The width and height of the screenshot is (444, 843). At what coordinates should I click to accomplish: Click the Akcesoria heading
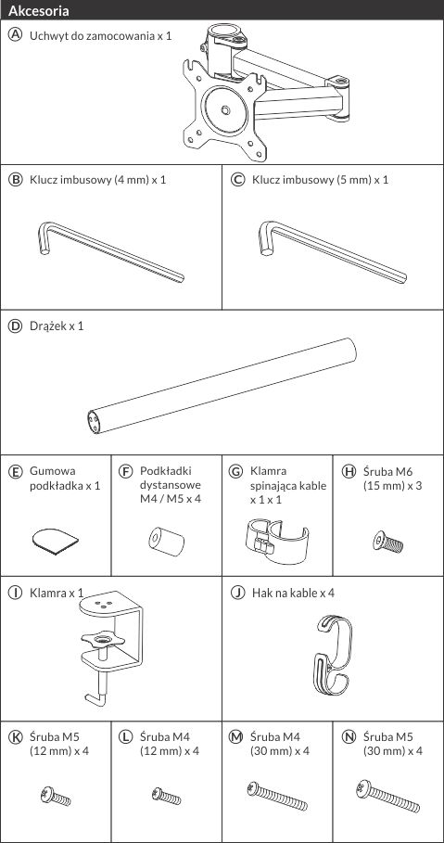click(39, 10)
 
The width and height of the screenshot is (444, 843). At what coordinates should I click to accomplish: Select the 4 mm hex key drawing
click(110, 252)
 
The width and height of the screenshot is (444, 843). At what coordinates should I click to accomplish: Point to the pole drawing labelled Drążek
click(222, 386)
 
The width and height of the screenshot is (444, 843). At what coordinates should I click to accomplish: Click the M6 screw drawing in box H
click(387, 541)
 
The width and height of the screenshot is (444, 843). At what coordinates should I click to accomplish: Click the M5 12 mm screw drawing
click(56, 797)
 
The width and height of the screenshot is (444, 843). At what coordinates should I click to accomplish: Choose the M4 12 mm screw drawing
click(166, 795)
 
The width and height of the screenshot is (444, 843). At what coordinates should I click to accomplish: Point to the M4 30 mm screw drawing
click(277, 796)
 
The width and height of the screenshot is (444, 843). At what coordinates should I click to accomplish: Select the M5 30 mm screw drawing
click(387, 797)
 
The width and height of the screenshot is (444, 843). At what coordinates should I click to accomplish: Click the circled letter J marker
click(237, 593)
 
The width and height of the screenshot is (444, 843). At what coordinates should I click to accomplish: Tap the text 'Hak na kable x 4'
click(293, 593)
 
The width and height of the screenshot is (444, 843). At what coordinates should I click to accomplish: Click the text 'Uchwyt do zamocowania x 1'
click(100, 36)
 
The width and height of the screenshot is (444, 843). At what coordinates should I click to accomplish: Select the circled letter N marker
click(349, 736)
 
